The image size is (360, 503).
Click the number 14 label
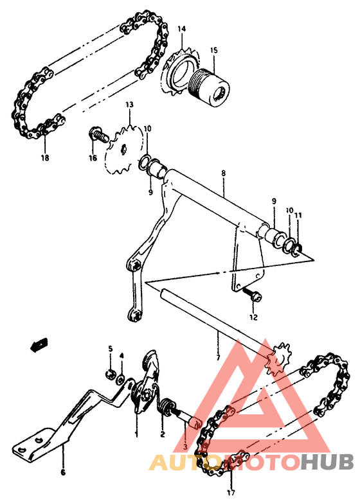181,29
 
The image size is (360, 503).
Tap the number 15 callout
213,49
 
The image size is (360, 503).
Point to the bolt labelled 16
98,136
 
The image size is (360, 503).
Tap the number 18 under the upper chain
44,157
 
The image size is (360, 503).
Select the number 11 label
297,215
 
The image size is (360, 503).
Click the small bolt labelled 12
253,296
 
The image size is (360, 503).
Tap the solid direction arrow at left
39,345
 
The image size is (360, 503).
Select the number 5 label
110,349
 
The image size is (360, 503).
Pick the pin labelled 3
191,420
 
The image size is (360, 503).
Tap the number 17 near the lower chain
231,493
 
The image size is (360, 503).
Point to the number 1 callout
136,434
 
